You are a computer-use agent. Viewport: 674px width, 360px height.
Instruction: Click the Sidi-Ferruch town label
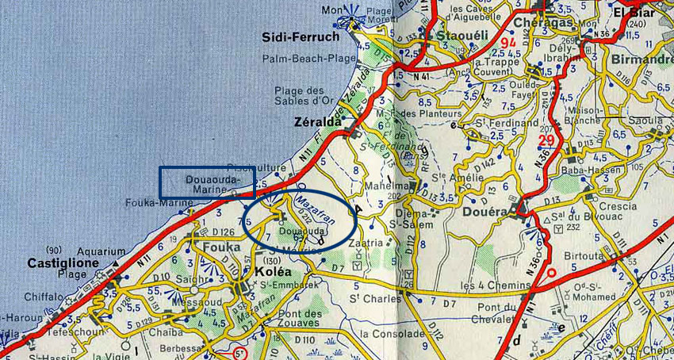click(x=301, y=37)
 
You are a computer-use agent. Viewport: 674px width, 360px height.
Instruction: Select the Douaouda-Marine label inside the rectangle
click(x=211, y=182)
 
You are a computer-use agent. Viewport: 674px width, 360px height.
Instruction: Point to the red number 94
click(x=507, y=40)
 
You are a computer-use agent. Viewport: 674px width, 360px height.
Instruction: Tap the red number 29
click(x=546, y=140)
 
